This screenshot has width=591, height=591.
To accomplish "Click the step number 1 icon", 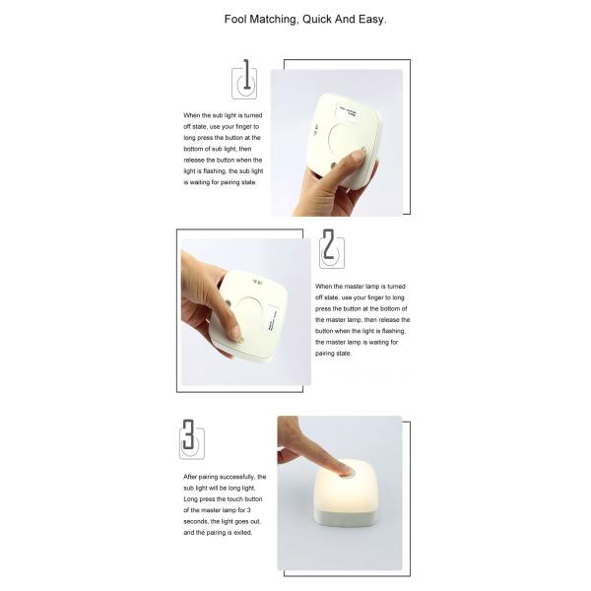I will pyautogui.click(x=243, y=78).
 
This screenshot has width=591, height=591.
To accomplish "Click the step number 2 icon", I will pyautogui.click(x=332, y=248).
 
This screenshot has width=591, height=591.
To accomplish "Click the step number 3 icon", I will pyautogui.click(x=191, y=438).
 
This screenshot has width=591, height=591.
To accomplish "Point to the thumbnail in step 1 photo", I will pyautogui.click(x=358, y=156).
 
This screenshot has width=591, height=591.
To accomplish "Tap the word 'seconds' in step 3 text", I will pyautogui.click(x=199, y=522).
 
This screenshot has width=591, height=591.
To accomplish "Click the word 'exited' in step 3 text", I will pyautogui.click(x=240, y=533).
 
